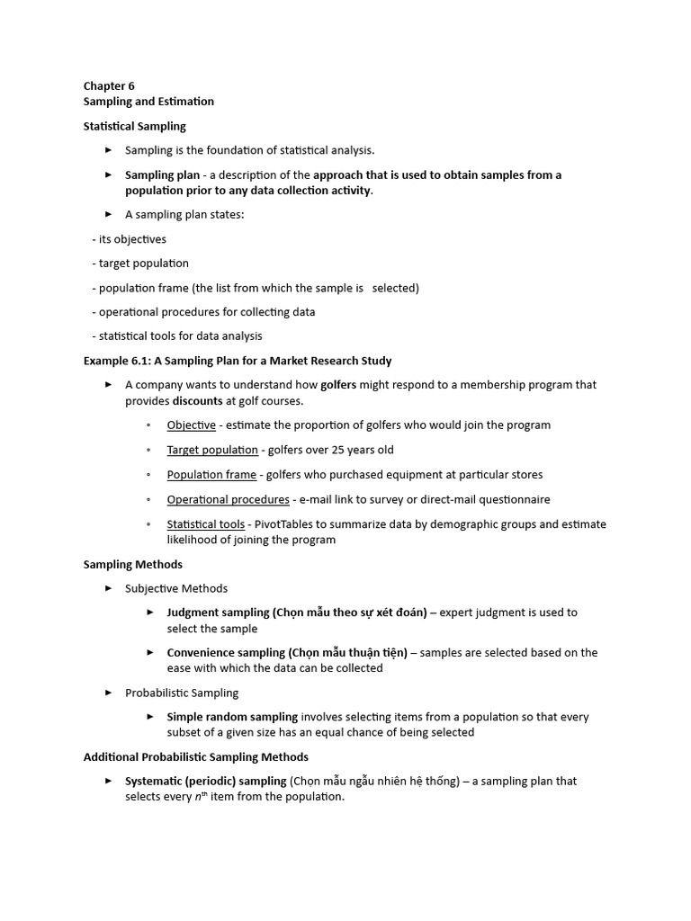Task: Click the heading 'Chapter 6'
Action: pyautogui.click(x=109, y=86)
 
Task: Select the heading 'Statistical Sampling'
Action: pyautogui.click(x=135, y=126)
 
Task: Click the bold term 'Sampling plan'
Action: pyautogui.click(x=162, y=175)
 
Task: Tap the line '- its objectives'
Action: pyautogui.click(x=129, y=239)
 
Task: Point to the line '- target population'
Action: pyautogui.click(x=140, y=264)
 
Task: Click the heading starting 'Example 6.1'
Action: pyautogui.click(x=238, y=361)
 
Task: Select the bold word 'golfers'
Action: pyautogui.click(x=338, y=385)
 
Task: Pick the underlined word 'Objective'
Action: pyautogui.click(x=191, y=425)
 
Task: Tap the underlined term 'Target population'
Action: pyautogui.click(x=212, y=450)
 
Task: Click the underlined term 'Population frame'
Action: pyautogui.click(x=211, y=475)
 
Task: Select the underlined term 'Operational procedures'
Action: pyautogui.click(x=228, y=499)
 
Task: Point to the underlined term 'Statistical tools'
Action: pyautogui.click(x=205, y=524)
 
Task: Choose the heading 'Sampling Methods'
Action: pyautogui.click(x=133, y=565)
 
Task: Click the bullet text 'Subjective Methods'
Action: pyautogui.click(x=176, y=588)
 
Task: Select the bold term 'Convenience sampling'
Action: pyautogui.click(x=226, y=653)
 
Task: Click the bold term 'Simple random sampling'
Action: pyautogui.click(x=232, y=717)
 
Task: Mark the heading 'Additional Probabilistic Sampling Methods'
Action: pyautogui.click(x=196, y=757)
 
